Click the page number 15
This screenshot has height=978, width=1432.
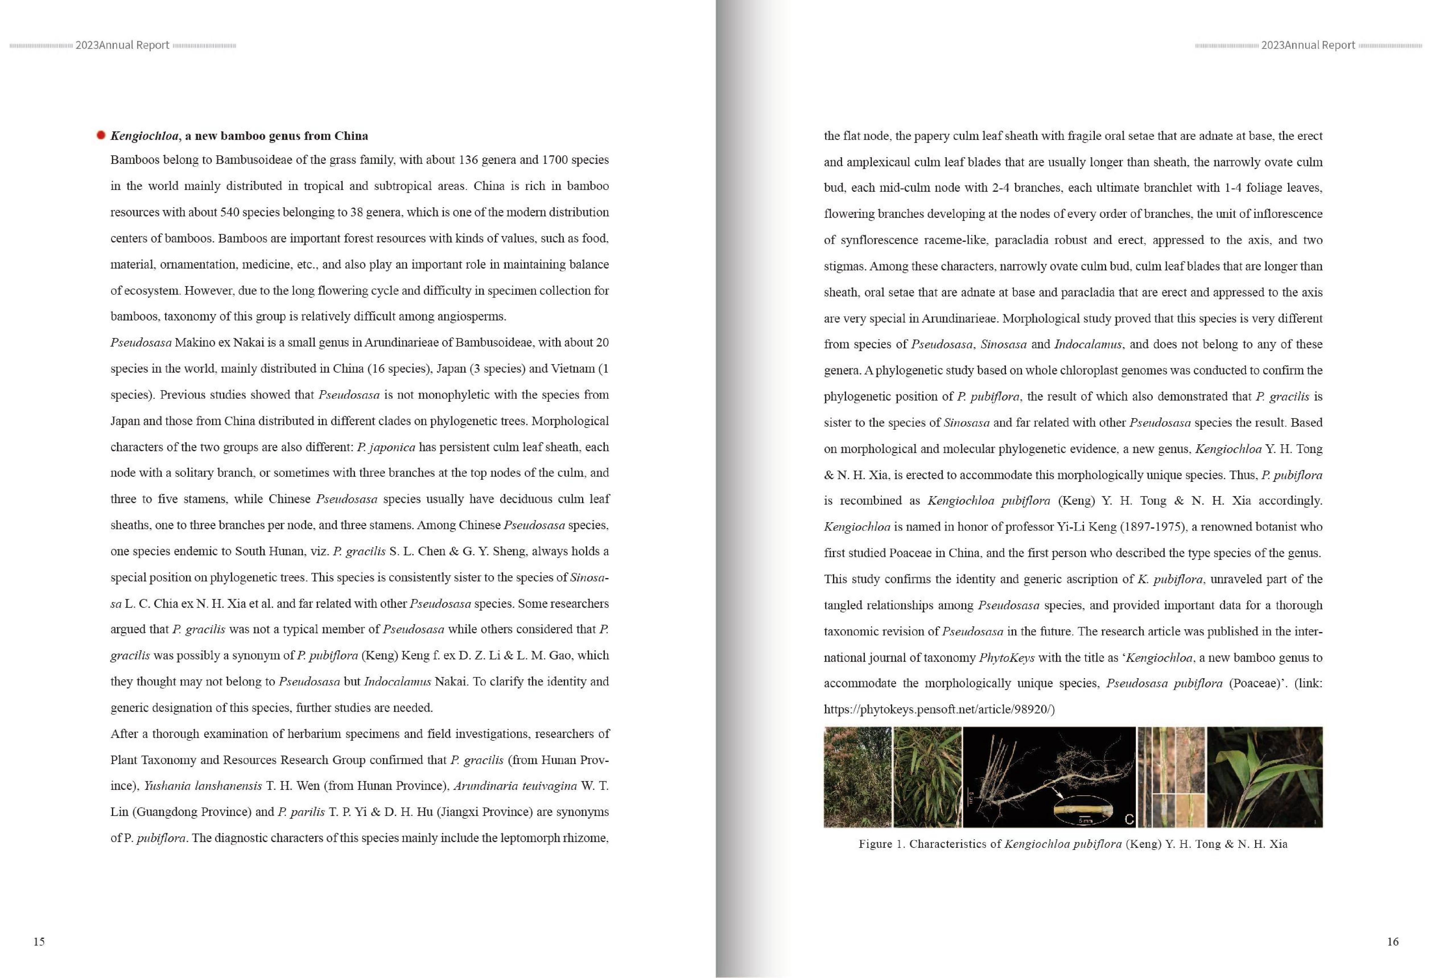(39, 941)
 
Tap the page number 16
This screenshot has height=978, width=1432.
(1393, 941)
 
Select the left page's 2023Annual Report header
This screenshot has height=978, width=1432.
(122, 45)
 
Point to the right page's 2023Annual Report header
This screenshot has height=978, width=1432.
(1308, 45)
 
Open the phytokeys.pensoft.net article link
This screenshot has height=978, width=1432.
(939, 709)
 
